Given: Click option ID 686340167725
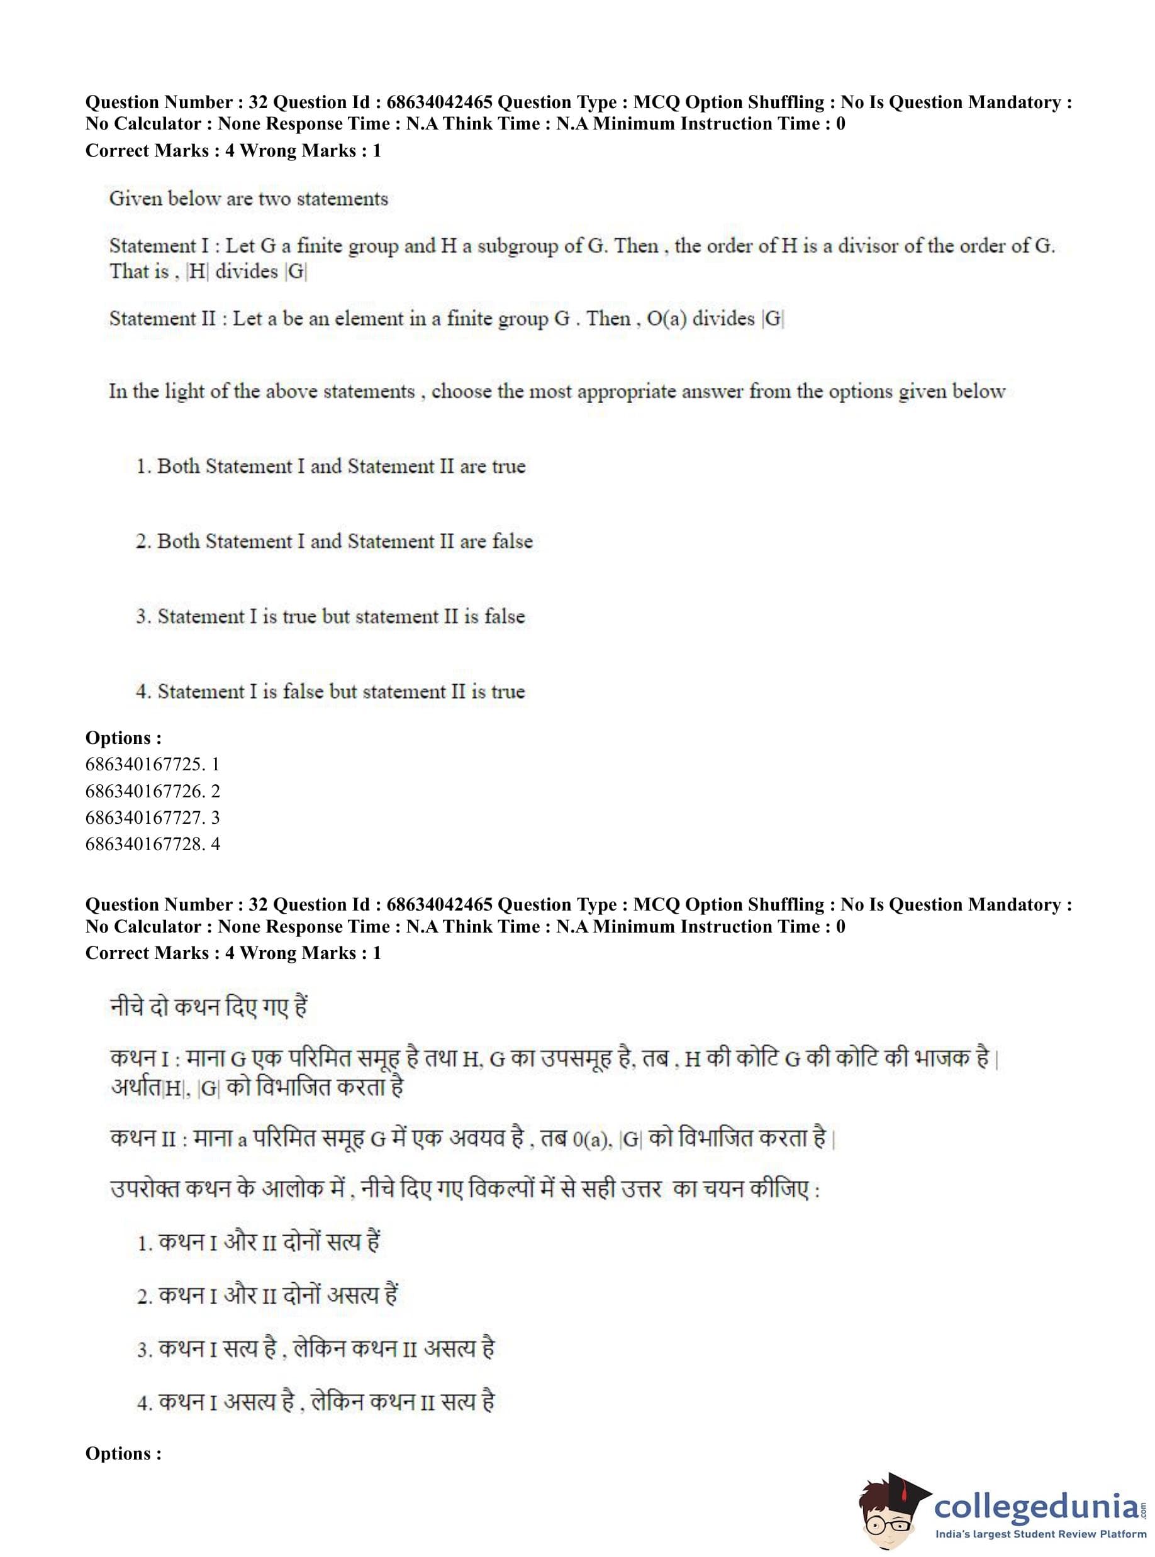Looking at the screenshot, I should [152, 765].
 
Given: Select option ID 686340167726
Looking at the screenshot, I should [152, 791].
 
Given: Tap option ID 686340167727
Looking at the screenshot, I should [152, 817].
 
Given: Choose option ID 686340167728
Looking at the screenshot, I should [152, 843].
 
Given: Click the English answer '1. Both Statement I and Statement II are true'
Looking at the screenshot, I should [330, 466].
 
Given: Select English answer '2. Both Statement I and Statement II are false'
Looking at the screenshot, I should [333, 541].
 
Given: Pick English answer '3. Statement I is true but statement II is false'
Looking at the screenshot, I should [330, 616].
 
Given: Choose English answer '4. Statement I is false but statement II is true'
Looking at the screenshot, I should [330, 691].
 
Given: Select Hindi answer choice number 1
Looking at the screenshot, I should [258, 1242].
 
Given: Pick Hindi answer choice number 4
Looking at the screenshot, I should [315, 1401].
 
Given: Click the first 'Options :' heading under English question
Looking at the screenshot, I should [123, 738].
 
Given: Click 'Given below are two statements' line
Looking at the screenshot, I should [248, 199].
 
